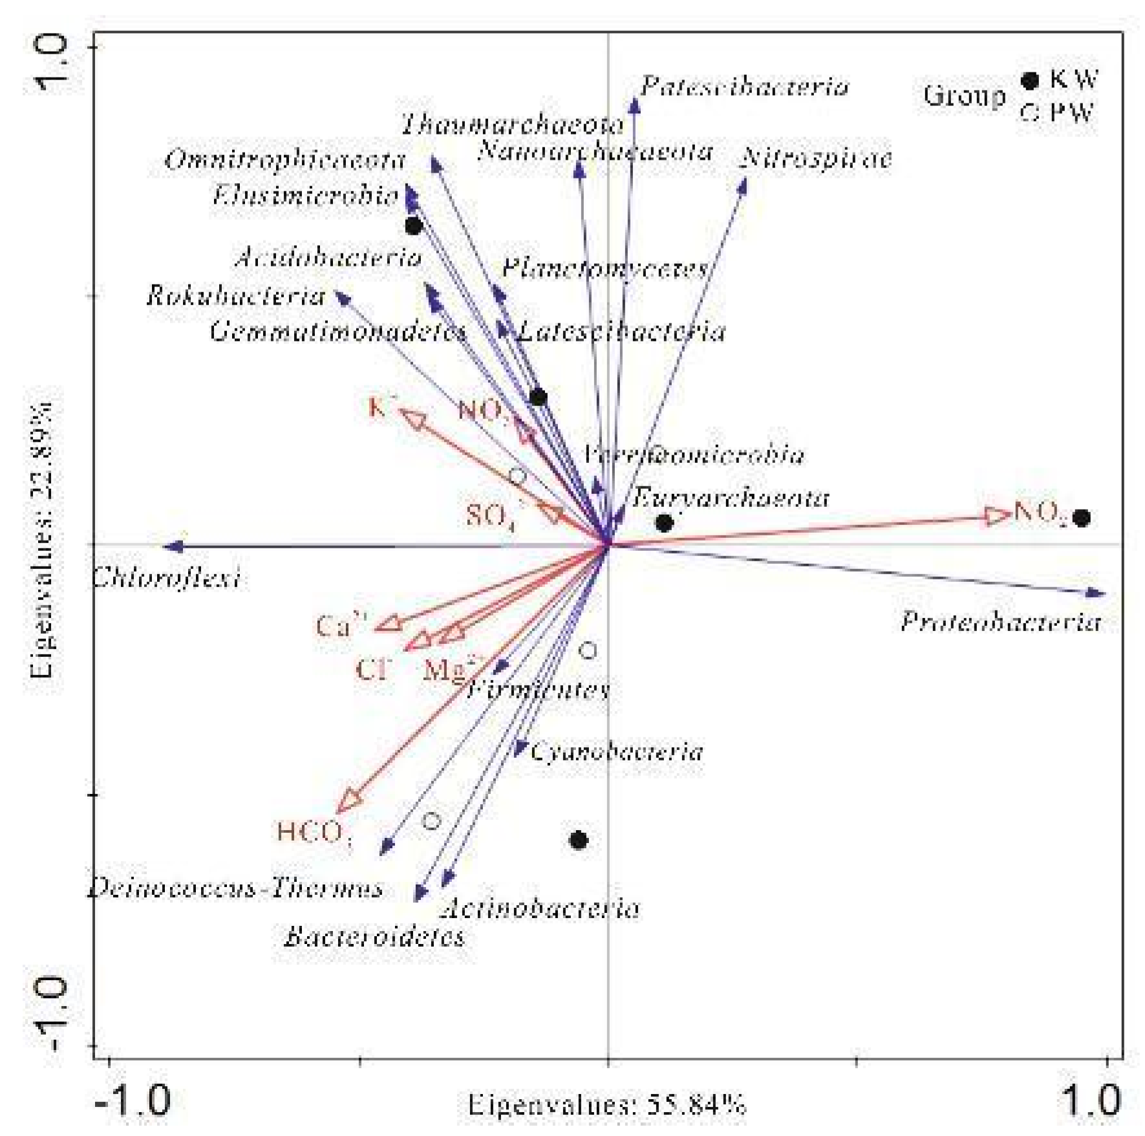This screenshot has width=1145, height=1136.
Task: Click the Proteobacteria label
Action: pos(1000,623)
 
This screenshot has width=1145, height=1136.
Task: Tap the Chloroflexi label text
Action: pos(166,577)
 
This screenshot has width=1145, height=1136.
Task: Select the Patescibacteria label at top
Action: pos(744,87)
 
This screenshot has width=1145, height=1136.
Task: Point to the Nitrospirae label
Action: pos(816,158)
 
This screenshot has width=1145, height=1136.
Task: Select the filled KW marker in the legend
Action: pos(1029,81)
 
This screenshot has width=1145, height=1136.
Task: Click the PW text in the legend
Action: pos(1071,113)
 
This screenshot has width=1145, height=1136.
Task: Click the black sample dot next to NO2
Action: pos(1082,518)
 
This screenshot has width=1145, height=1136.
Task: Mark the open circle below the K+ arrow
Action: pos(517,477)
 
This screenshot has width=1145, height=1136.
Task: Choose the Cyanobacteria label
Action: pos(616,752)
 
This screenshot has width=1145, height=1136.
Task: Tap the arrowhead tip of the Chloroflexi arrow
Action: pos(167,547)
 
